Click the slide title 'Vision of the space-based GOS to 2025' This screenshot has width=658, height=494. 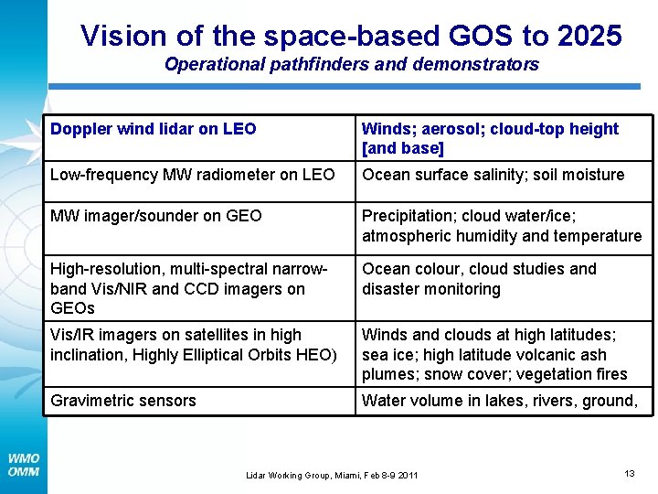[351, 36]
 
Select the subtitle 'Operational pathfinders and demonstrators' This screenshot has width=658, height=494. [351, 65]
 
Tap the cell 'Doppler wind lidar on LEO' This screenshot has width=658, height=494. [153, 129]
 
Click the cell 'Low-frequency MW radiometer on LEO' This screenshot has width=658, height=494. [192, 175]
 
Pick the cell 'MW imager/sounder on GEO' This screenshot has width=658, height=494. [155, 216]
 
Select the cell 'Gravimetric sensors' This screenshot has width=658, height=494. [123, 401]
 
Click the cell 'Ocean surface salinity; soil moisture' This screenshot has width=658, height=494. [493, 175]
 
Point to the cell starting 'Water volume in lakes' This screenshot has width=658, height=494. [499, 401]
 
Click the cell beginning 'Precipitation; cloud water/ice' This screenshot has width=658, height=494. [502, 226]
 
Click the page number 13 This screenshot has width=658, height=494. [629, 473]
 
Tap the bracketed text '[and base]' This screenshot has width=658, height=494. [402, 148]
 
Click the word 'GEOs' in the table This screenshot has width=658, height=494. [72, 308]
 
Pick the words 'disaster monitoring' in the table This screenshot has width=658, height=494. [431, 289]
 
